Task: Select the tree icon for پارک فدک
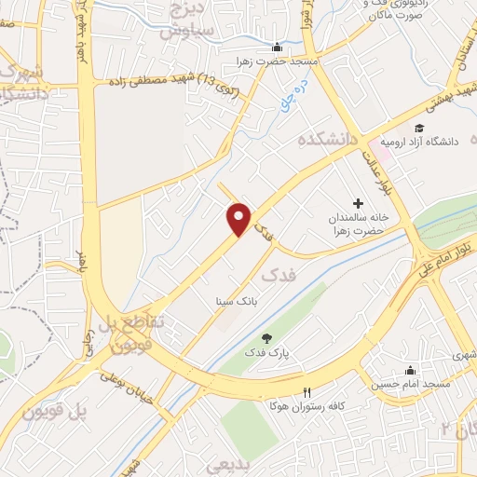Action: pos(266,338)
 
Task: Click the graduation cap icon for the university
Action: pos(419,128)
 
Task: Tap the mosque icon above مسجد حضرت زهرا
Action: pos(276,48)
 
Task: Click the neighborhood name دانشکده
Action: pos(329,139)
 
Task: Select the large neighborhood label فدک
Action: pos(276,276)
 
